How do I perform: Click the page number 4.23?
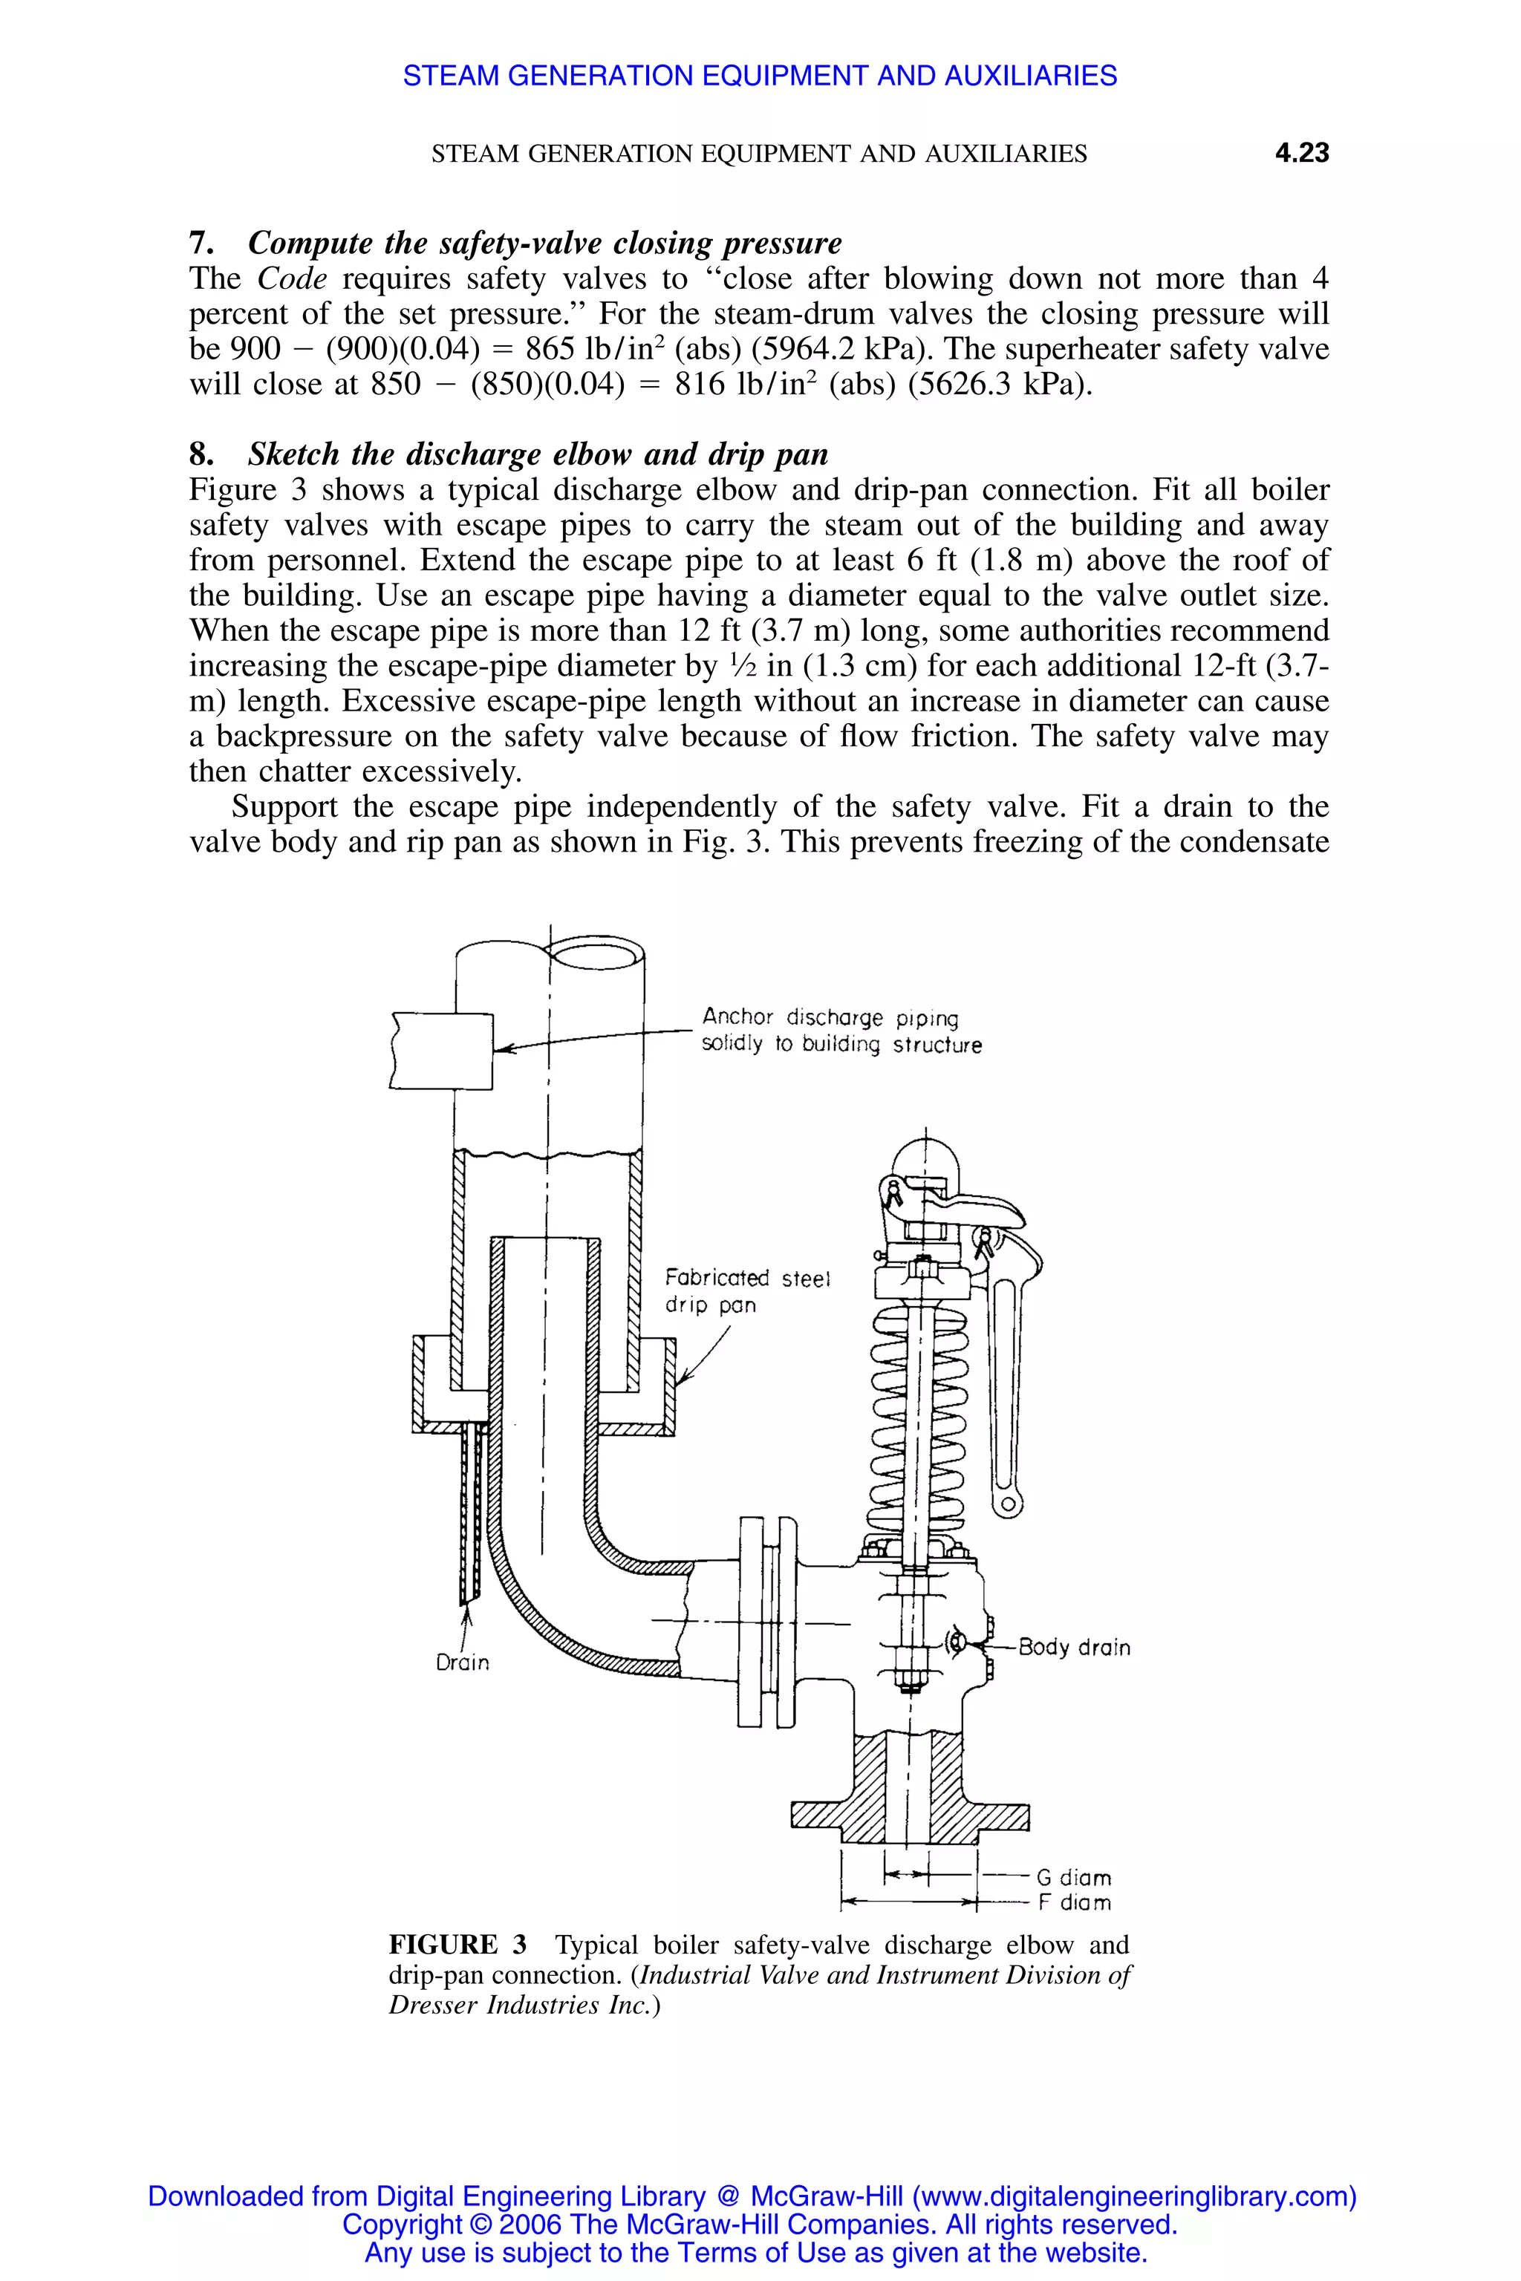[x=1301, y=153]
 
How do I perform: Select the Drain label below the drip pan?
[x=463, y=1663]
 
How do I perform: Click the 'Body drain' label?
[x=1074, y=1648]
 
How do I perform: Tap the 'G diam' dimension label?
[x=1074, y=1878]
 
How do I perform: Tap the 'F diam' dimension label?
[x=1074, y=1903]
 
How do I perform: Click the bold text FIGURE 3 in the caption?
[x=457, y=1945]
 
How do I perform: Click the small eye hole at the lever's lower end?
[x=1008, y=1505]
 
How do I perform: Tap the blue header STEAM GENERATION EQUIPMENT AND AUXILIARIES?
[x=760, y=76]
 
